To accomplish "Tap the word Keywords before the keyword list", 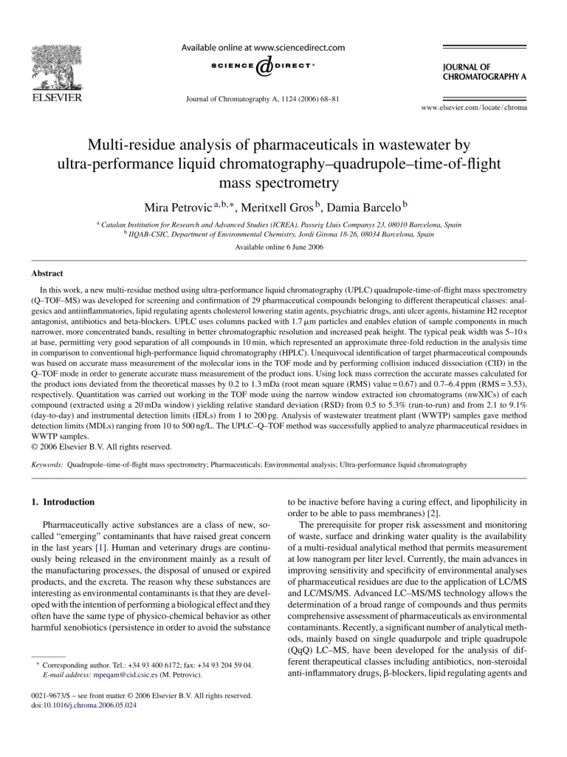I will coord(47,465).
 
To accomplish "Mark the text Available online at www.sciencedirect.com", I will coord(264,47).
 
